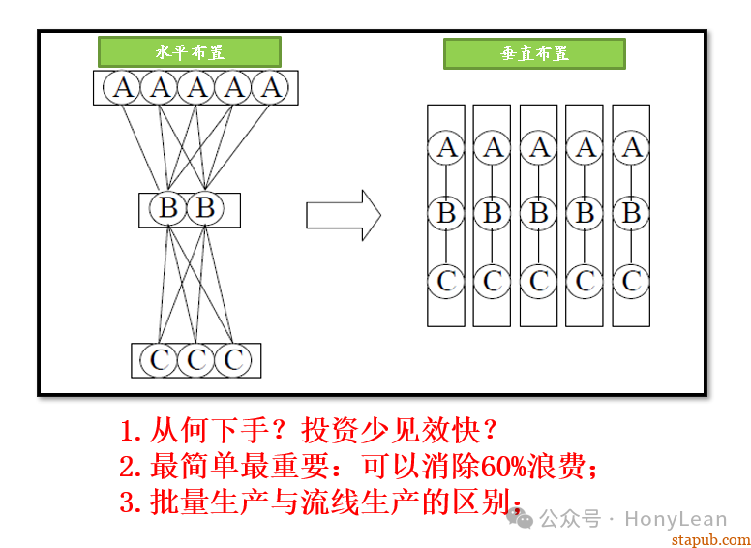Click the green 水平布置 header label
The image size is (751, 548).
coord(190,51)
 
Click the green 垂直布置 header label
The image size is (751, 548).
coord(534,54)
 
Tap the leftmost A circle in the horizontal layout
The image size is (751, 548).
coord(123,88)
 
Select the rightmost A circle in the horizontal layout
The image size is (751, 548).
coord(272,88)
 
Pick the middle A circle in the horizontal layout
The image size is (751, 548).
coord(197,88)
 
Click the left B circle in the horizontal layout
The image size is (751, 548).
coord(168,208)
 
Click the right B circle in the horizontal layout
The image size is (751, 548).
coord(204,208)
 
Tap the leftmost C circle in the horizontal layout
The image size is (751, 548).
coord(160,360)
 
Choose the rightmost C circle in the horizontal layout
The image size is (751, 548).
coord(233,360)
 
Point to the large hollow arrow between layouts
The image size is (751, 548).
coord(343,215)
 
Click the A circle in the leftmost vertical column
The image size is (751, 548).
coord(446,148)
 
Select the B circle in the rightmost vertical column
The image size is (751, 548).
coord(632,213)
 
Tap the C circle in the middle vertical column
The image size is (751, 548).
coord(539,282)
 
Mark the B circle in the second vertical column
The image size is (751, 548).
coord(493,213)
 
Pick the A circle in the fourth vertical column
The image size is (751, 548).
coord(586,148)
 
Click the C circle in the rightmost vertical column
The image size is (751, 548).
coord(632,282)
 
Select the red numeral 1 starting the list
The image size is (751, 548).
coord(128,430)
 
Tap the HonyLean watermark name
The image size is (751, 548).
coord(675,519)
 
